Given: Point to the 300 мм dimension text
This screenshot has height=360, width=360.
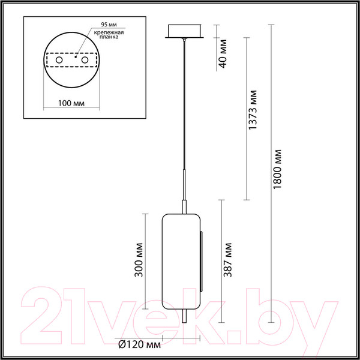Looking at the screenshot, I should [x=140, y=259].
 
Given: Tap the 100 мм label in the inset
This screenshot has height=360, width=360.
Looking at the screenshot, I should [x=71, y=103].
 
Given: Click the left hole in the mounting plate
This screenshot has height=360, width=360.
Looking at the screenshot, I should [x=59, y=61].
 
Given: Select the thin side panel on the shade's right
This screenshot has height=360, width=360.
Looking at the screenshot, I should [x=202, y=258].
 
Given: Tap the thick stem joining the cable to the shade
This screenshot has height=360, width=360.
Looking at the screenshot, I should [x=185, y=189].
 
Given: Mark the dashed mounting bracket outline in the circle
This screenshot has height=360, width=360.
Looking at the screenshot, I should [x=71, y=61].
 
